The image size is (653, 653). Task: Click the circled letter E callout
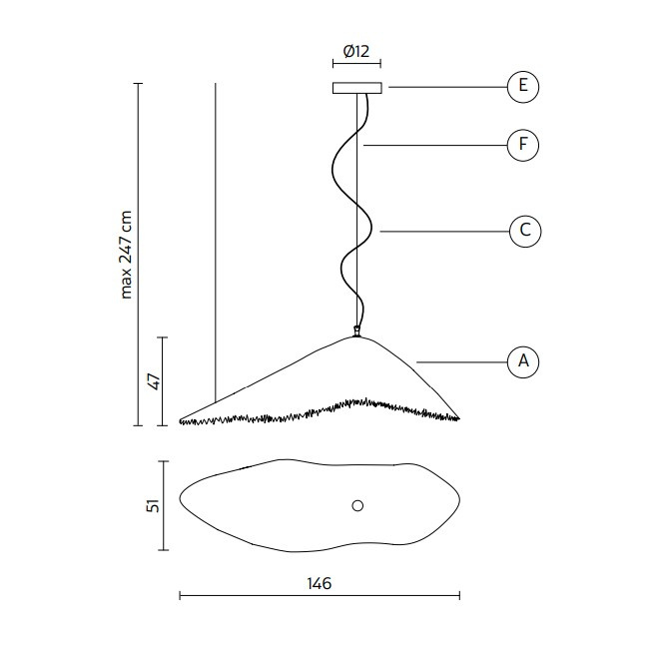[x=523, y=87]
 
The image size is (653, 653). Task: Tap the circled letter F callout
[x=523, y=146]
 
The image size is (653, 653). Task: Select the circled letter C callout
[x=525, y=231]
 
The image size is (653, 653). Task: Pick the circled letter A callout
[x=523, y=362]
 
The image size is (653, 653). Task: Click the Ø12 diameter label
[x=356, y=52]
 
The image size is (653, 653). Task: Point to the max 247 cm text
[x=126, y=255]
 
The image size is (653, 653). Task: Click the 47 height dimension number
[x=154, y=381]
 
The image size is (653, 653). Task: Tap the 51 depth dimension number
[x=153, y=505]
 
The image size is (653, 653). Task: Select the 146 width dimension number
[x=319, y=583]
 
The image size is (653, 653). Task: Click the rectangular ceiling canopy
[x=356, y=88]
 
